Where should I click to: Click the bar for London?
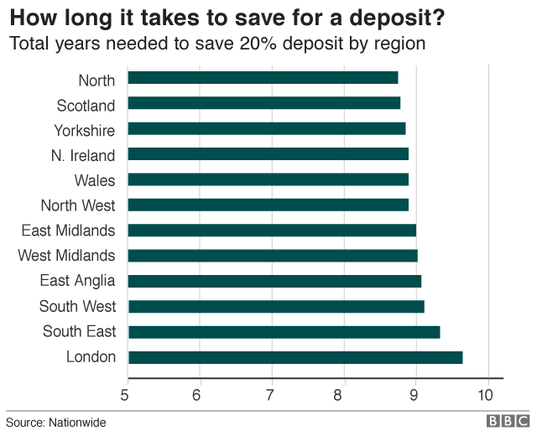pos(295,358)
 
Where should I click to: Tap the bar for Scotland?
pos(264,104)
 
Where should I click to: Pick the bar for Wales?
pos(268,179)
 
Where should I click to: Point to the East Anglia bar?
pos(274,281)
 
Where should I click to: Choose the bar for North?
pos(263,78)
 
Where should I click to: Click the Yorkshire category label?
pos(85,130)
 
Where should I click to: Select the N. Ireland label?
pos(83,155)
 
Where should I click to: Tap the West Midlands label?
pos(67,256)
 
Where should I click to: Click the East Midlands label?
pos(69,231)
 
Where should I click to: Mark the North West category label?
pos(78,205)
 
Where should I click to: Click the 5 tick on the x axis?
pos(127,394)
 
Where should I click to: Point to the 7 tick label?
pos(271,394)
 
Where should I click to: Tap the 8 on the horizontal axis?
pos(343,394)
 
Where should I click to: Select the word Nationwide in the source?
pos(76,423)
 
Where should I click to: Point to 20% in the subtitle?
pos(250,42)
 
